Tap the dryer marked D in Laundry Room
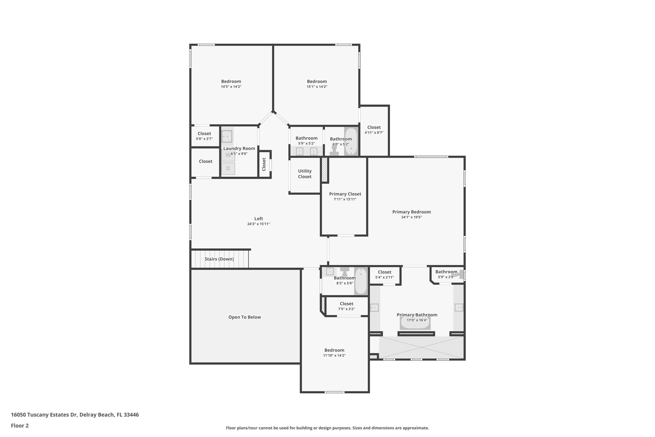point(228,169)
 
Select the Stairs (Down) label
point(219,259)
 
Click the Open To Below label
point(245,317)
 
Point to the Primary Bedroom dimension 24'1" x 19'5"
point(411,217)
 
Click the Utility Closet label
point(305,174)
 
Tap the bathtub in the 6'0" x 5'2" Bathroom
point(351,142)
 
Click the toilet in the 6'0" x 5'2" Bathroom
point(334,151)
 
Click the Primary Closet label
point(345,194)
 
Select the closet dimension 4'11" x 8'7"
point(374,133)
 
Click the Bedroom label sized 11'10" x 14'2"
point(334,350)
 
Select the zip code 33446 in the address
point(131,415)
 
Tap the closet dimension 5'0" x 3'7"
point(204,139)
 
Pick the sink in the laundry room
point(227,137)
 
